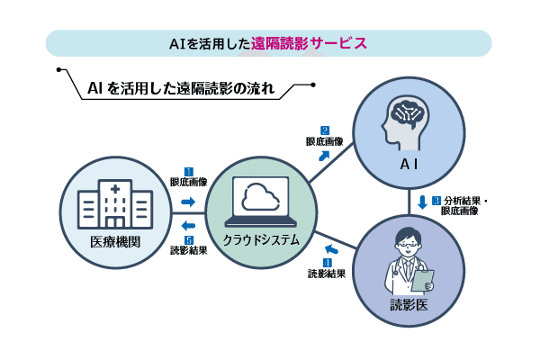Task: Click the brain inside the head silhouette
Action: pos(403,116)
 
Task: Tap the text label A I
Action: pos(409,165)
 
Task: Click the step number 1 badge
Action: pos(189,171)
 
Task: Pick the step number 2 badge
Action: pos(324,130)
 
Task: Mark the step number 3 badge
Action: pos(436,200)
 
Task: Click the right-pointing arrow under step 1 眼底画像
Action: pos(188,202)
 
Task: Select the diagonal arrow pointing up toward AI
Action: pos(323,155)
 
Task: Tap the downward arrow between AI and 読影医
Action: pos(421,200)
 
